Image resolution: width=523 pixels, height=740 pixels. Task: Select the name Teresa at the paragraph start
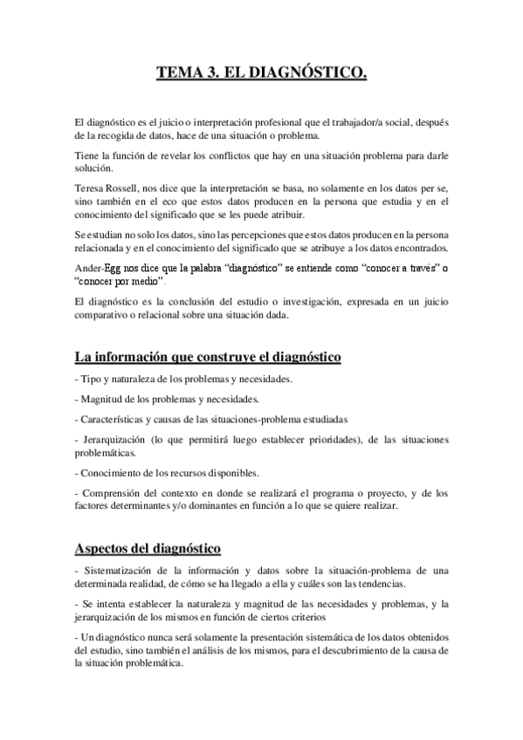pyautogui.click(x=92, y=188)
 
